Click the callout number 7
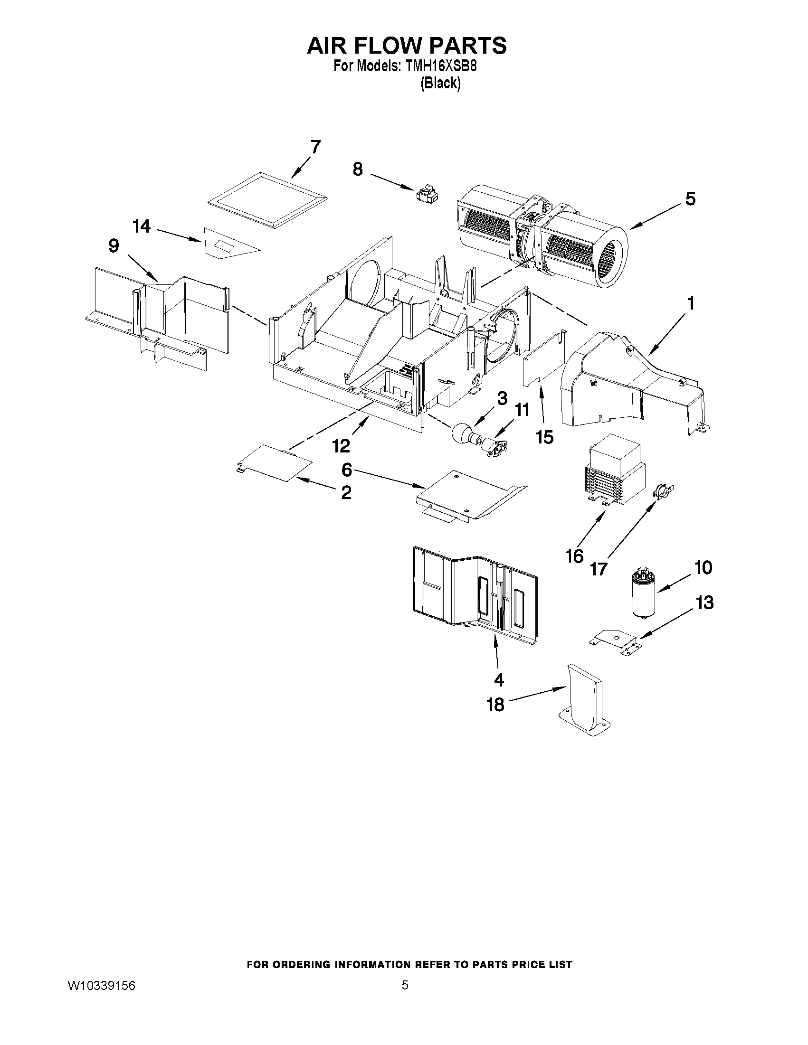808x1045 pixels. pos(315,147)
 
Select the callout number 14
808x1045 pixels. pos(142,226)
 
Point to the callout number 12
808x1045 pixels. pos(341,446)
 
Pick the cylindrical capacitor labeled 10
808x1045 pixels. pos(643,593)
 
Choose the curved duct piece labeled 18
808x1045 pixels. pos(584,699)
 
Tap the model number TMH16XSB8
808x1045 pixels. pos(441,66)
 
